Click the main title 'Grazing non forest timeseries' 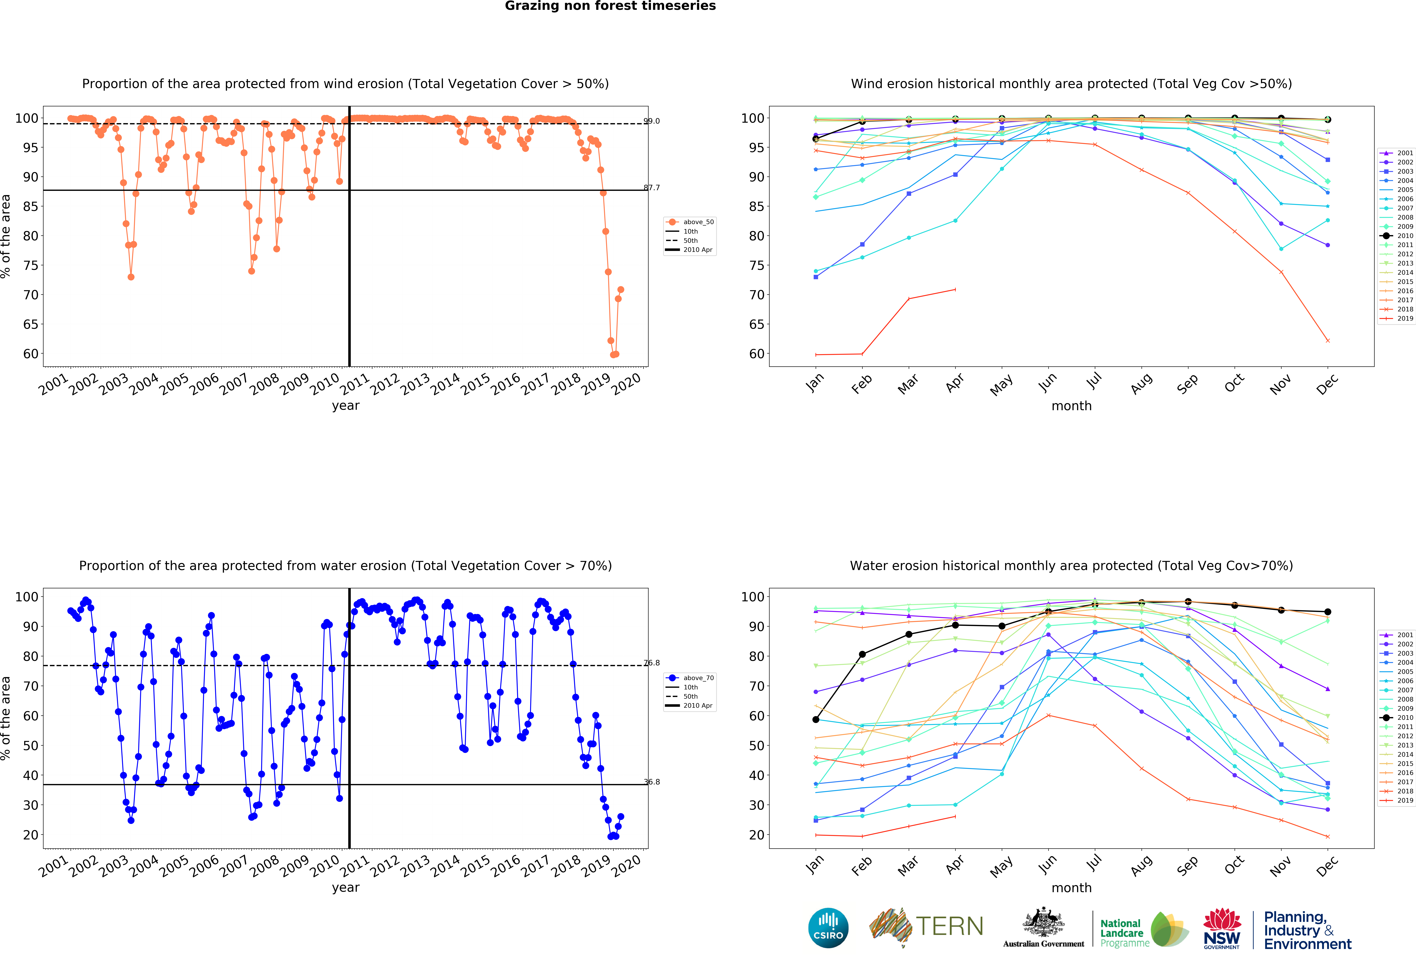(610, 6)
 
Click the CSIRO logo (828, 928)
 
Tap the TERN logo (926, 927)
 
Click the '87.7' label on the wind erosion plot (652, 188)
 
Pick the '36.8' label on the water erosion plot (652, 782)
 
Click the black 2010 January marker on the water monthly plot (816, 719)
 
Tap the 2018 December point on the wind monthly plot (1328, 341)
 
